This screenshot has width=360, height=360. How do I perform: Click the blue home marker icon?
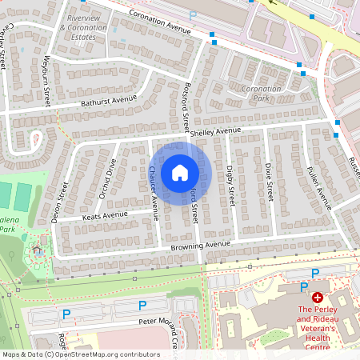point(180,173)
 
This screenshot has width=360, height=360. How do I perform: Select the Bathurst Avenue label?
point(108,101)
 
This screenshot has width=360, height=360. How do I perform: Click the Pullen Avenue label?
point(319,188)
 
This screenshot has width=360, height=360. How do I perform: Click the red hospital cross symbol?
point(318,296)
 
